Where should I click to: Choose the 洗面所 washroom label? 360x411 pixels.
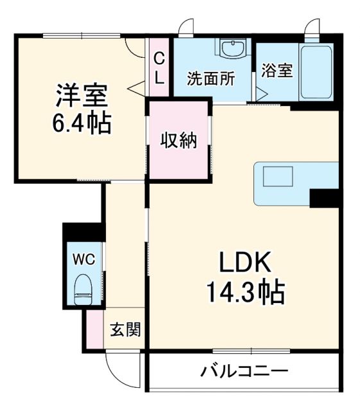coord(210,79)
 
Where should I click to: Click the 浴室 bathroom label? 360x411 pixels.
coord(277,70)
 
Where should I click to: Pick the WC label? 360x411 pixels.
coord(83,259)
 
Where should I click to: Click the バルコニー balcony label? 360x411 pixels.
coord(244,371)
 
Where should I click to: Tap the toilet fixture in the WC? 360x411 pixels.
coord(83,288)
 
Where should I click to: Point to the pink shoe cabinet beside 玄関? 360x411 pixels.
coord(96,331)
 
